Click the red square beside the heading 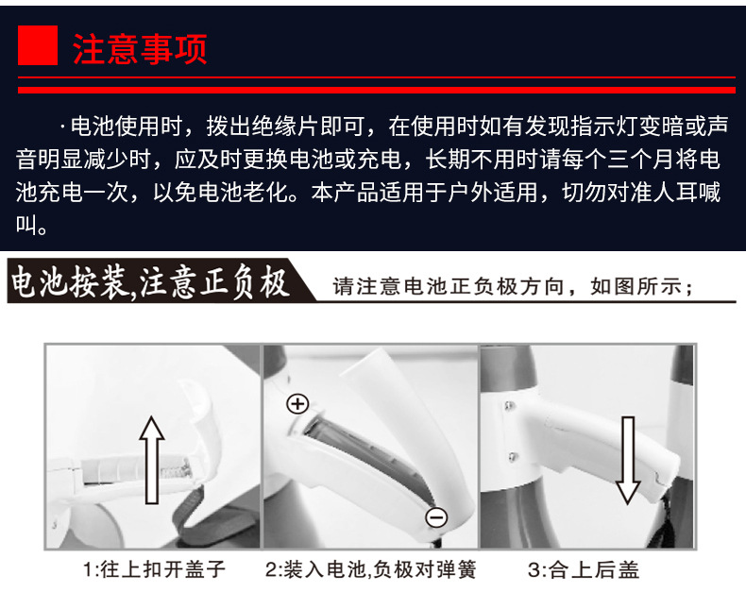coord(38,45)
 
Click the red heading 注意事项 coord(140,49)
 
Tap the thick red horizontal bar coord(377,90)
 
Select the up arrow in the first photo coord(152,460)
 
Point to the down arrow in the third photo coord(628,460)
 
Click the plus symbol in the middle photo coord(297,404)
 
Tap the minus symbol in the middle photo coord(436,517)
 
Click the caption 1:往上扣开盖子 coord(154,569)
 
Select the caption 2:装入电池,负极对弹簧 coord(370,569)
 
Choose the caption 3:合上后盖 coord(584,569)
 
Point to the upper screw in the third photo coord(509,406)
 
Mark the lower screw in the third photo coord(512,457)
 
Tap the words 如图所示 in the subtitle coord(636,286)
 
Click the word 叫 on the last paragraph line coord(26,224)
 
